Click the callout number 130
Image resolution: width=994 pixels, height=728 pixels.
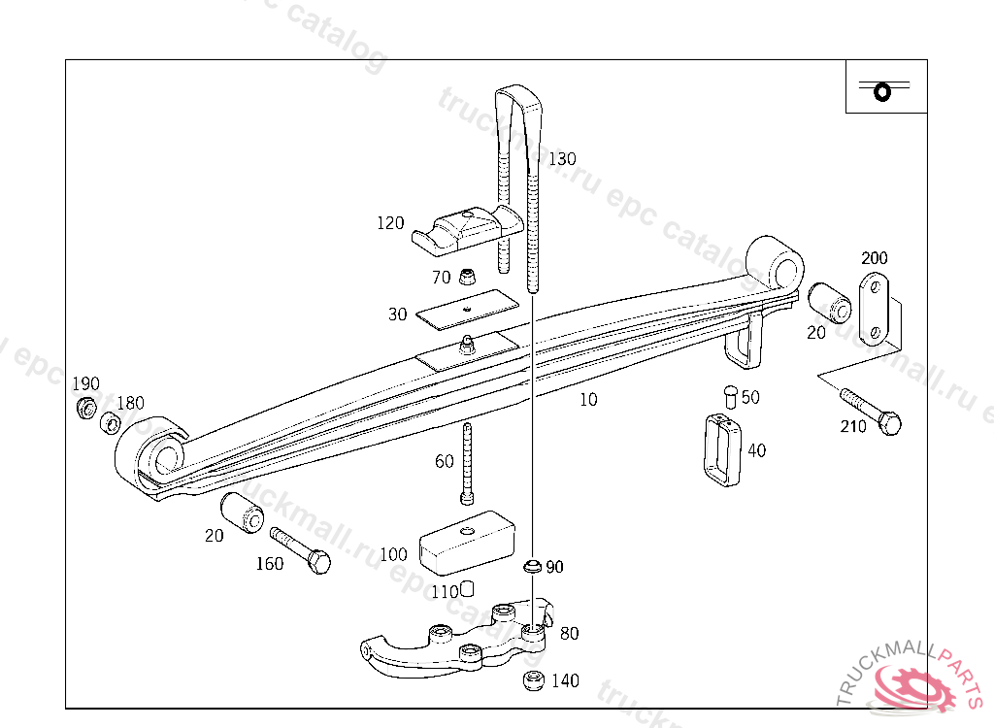[562, 159]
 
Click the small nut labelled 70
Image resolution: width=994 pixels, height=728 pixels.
[468, 278]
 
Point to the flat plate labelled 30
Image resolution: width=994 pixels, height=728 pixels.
[466, 309]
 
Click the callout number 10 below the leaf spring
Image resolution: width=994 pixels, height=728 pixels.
[588, 399]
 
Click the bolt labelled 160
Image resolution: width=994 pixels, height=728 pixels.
[301, 549]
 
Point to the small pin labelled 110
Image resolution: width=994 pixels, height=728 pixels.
[466, 587]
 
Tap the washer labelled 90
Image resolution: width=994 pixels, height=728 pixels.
[532, 566]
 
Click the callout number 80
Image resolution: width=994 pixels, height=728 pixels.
[570, 634]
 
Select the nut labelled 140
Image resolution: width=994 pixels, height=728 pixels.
[533, 680]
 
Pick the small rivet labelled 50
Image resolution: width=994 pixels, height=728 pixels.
[730, 396]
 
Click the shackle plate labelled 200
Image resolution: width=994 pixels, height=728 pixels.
[874, 310]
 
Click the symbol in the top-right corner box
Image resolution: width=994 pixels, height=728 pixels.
[882, 90]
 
